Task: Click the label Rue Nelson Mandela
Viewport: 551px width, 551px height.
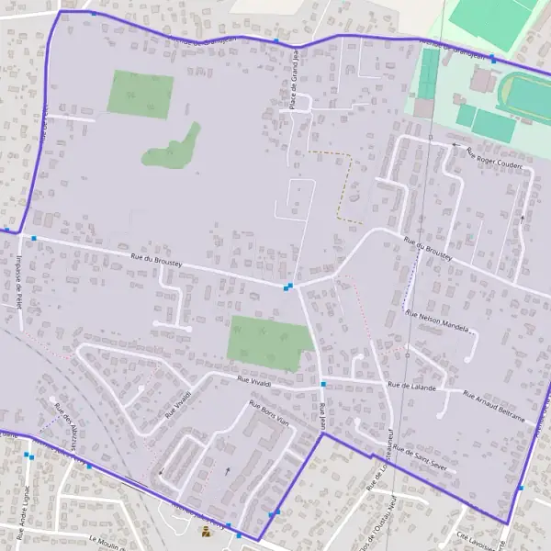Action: pyautogui.click(x=437, y=320)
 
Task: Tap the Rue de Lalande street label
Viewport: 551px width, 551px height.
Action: pyautogui.click(x=411, y=386)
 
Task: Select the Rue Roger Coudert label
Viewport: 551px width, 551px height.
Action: pyautogui.click(x=493, y=158)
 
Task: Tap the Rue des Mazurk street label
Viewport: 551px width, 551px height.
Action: pyautogui.click(x=67, y=423)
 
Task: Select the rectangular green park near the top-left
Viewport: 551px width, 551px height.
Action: pyautogui.click(x=140, y=95)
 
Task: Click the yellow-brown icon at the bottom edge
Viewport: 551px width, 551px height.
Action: pyautogui.click(x=205, y=530)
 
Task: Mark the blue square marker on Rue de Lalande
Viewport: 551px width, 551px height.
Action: pyautogui.click(x=323, y=383)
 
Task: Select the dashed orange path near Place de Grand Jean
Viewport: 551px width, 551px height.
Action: pyautogui.click(x=345, y=184)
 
